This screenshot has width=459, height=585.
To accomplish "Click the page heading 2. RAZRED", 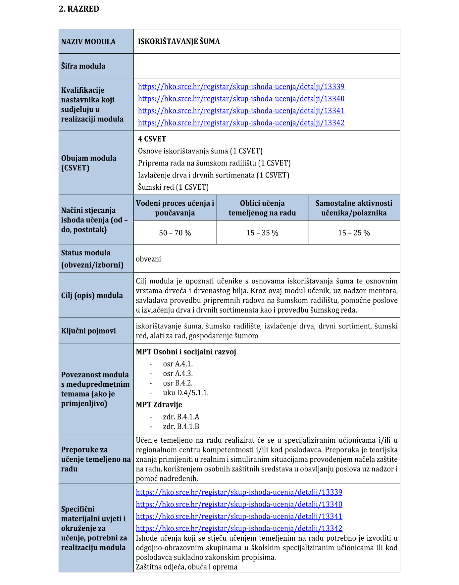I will [x=79, y=9].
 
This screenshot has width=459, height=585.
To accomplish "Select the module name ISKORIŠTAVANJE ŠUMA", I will [x=179, y=41].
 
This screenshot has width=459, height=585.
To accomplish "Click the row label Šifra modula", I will [x=83, y=66].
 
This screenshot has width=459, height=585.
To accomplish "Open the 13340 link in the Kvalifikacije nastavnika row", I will [x=241, y=99].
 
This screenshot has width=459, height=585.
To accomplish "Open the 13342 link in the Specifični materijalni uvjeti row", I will [x=239, y=528].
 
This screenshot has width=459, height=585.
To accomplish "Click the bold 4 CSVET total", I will [x=152, y=139].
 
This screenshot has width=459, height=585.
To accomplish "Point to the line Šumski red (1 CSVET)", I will [x=173, y=187].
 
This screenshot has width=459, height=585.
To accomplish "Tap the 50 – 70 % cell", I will [x=175, y=233].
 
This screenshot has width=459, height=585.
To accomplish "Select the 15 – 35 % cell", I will [x=262, y=233].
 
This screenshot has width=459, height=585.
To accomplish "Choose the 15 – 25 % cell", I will [x=354, y=233].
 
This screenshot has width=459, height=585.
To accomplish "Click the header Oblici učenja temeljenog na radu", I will [x=262, y=208].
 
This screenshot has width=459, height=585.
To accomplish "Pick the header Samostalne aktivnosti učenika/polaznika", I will [x=354, y=208].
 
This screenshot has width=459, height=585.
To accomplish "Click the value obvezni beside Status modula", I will [x=148, y=259].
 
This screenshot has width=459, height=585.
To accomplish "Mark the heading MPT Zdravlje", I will [x=159, y=405].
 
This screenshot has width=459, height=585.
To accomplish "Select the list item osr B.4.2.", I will [x=178, y=383].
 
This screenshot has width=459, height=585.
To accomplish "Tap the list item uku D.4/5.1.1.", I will [x=185, y=393].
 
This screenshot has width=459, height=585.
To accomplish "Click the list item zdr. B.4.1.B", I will [x=181, y=426].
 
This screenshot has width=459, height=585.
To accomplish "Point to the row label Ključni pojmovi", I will [x=88, y=331].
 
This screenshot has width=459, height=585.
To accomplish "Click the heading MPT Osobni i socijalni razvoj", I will [x=186, y=352].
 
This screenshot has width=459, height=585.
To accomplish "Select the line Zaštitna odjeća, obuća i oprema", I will [x=186, y=567].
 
